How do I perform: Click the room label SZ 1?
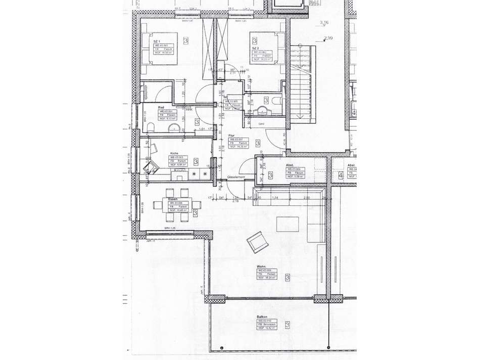point(157,41)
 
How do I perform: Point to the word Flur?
point(231,136)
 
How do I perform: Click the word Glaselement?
point(236,177)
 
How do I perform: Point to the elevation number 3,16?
point(324,22)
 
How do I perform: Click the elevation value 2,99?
point(328,38)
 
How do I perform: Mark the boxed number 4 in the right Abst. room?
point(341,175)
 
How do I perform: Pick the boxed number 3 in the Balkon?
point(287,325)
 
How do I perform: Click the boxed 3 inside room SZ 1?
point(186,40)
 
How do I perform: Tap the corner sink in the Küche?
point(150,167)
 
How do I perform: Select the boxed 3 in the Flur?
point(258,144)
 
